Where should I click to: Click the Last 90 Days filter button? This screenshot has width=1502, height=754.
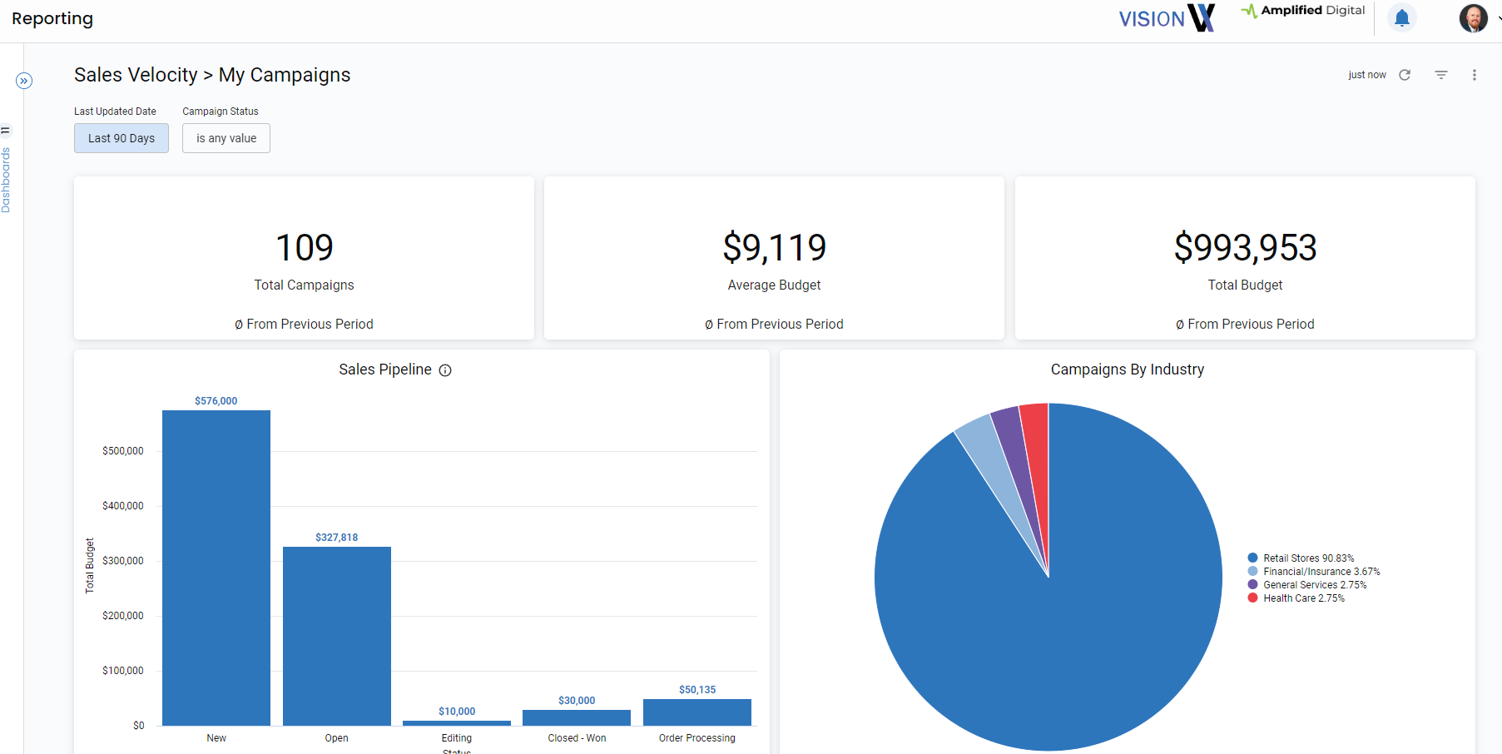point(121,138)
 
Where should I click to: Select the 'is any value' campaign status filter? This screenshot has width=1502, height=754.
point(226,138)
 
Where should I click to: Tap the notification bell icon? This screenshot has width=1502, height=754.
point(1402,17)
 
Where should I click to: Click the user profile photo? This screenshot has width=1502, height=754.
point(1473,17)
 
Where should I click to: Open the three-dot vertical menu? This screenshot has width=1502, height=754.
point(1475,75)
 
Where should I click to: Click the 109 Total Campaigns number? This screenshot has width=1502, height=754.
point(304,248)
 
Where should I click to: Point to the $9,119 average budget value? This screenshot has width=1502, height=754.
point(774,248)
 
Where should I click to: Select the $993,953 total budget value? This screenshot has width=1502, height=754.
point(1245,248)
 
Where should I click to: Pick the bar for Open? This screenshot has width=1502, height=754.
point(337,636)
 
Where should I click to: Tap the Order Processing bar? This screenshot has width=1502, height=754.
point(697,712)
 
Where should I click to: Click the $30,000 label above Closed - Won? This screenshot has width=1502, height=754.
point(577,701)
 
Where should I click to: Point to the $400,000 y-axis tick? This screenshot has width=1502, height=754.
point(123,506)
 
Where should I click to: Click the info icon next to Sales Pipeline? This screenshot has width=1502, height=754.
point(445,370)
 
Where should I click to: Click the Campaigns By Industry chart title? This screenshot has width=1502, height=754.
point(1127,370)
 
